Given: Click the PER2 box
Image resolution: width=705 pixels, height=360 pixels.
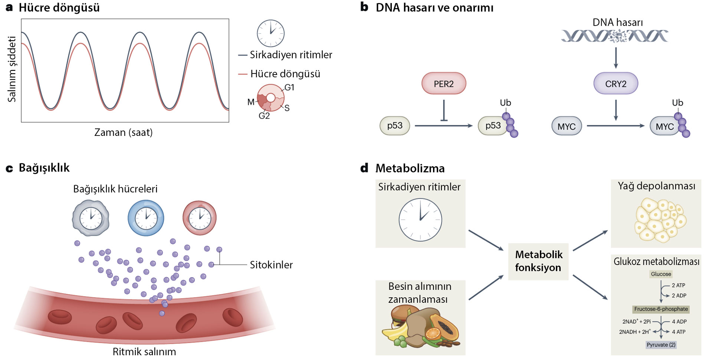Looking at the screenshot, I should point(443,84).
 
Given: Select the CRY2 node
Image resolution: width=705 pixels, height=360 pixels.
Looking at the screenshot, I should point(616,84).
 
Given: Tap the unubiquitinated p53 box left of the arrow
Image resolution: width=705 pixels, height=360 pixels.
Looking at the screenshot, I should point(394,126).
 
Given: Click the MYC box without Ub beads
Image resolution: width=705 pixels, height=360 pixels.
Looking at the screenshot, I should point(566,126).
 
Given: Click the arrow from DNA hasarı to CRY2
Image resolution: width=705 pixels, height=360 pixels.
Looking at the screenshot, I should point(616,58).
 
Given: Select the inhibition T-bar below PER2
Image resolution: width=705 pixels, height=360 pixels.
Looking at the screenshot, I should point(443,111).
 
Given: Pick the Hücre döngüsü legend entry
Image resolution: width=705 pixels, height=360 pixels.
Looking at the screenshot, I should point(285,74).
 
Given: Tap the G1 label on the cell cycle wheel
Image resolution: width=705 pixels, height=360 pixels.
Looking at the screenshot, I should point(289,88).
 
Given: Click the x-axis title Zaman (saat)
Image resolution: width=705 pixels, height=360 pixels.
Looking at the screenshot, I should point(124,132).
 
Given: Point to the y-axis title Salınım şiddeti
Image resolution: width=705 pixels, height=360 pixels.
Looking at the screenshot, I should point(12,69).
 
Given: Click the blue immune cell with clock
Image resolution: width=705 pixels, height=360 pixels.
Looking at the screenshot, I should point(145,218).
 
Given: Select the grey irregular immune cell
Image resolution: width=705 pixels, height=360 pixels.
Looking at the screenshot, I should point(91,218).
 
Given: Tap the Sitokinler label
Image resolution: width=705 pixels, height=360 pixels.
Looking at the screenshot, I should point(271,265).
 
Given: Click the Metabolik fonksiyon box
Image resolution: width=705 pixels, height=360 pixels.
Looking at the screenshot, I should point(538,261).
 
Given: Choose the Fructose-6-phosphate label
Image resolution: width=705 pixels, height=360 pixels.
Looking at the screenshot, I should point(660,309).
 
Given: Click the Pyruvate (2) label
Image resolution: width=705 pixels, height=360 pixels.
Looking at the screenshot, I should point(660,345).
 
